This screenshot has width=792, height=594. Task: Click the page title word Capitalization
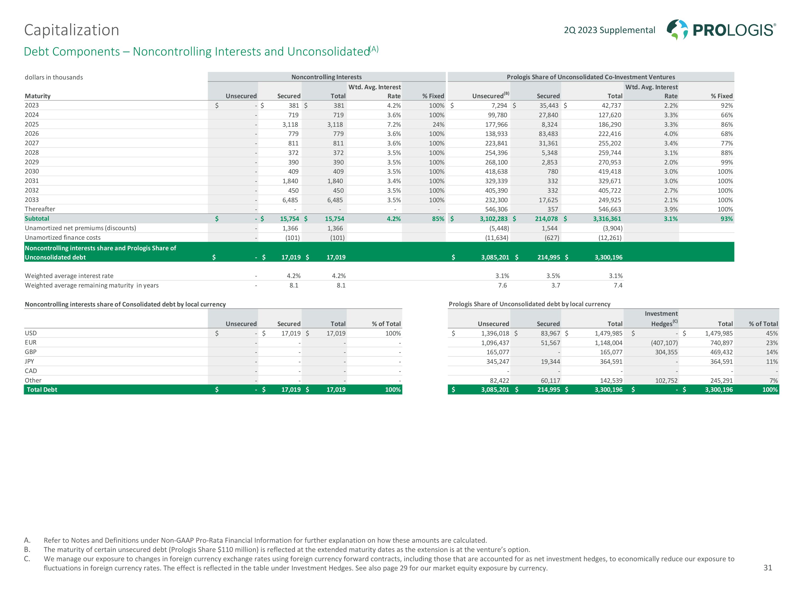(x=72, y=30)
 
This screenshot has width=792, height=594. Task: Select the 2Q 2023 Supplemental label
(x=609, y=30)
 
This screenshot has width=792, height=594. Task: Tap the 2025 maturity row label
(x=32, y=124)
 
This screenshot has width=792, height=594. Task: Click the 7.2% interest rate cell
(x=394, y=125)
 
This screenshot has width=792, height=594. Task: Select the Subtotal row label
(x=37, y=218)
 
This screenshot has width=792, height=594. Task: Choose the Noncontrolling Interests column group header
(x=326, y=77)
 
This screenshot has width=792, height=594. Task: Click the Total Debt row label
(x=42, y=390)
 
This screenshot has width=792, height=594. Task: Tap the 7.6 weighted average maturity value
(x=502, y=285)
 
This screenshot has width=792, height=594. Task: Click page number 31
(x=768, y=568)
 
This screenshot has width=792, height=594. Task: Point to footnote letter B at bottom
(x=27, y=550)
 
